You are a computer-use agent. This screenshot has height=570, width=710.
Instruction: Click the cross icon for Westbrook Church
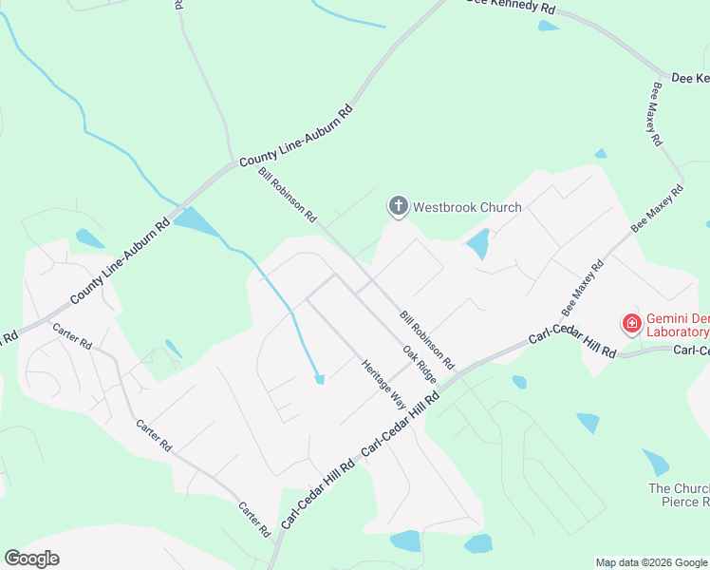coord(398,205)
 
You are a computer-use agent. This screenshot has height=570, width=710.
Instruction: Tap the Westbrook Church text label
coord(467,207)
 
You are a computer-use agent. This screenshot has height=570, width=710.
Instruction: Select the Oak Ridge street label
coord(419,364)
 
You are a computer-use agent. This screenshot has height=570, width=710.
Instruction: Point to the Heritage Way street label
coord(383,385)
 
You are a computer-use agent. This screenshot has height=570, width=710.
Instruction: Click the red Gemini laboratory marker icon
coord(630,324)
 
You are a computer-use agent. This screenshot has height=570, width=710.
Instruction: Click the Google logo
coord(31,559)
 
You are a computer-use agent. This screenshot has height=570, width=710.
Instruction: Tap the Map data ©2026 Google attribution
coord(651,562)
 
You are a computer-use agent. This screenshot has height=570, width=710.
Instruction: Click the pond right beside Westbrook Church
coord(477,244)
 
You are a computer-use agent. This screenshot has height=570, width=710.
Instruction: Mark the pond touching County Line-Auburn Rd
coord(196,221)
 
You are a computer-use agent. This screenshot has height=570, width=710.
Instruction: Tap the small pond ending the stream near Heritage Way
coord(320,379)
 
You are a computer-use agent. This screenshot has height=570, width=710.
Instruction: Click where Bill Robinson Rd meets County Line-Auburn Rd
coord(233,163)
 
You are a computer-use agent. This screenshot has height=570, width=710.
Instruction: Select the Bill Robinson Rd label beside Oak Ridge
coord(426,339)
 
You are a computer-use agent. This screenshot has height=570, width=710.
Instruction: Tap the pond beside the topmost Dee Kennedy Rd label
coord(549,26)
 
